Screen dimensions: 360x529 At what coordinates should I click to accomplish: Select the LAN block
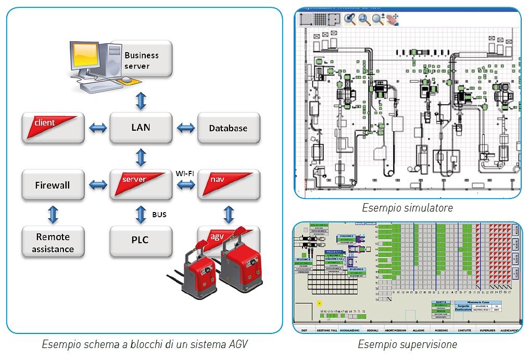pyautogui.click(x=141, y=128)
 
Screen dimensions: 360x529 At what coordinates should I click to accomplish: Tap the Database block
pyautogui.click(x=228, y=128)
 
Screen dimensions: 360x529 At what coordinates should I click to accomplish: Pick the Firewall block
pyautogui.click(x=53, y=185)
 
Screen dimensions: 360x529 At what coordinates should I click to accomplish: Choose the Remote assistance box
pyautogui.click(x=53, y=243)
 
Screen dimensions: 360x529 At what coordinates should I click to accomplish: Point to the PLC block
pyautogui.click(x=141, y=240)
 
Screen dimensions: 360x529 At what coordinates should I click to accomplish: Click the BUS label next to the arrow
pyautogui.click(x=159, y=214)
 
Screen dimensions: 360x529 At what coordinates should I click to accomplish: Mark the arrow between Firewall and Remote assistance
pyautogui.click(x=53, y=214)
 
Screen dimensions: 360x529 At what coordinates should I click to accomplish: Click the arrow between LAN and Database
pyautogui.click(x=184, y=128)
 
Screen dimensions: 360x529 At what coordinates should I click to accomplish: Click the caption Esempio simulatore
pyautogui.click(x=407, y=208)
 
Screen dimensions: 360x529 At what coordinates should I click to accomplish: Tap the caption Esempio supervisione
pyautogui.click(x=407, y=344)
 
